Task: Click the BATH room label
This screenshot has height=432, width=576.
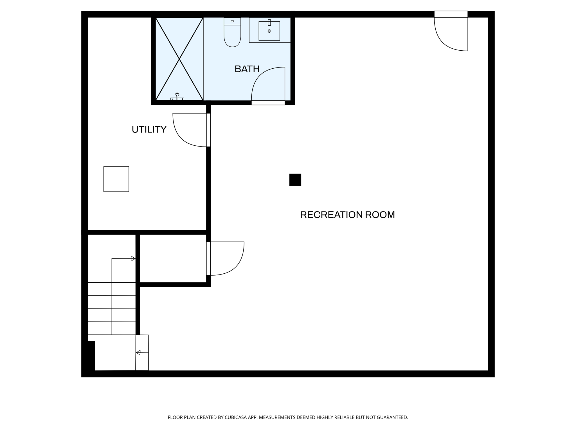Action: [247, 69]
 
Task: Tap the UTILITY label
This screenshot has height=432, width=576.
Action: [149, 129]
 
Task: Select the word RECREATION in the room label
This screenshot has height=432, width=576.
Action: [331, 215]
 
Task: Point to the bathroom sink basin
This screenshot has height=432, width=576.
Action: [269, 31]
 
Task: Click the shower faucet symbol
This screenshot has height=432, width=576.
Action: [177, 97]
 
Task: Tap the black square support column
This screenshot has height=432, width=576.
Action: [295, 180]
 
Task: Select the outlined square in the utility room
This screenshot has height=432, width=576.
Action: [116, 179]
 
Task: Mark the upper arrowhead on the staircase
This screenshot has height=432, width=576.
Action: [133, 258]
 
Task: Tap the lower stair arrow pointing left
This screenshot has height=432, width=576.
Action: [138, 352]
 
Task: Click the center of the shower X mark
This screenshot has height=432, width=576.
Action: [179, 59]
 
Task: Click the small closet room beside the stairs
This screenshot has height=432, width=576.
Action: [173, 258]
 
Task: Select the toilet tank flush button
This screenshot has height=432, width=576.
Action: [232, 21]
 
